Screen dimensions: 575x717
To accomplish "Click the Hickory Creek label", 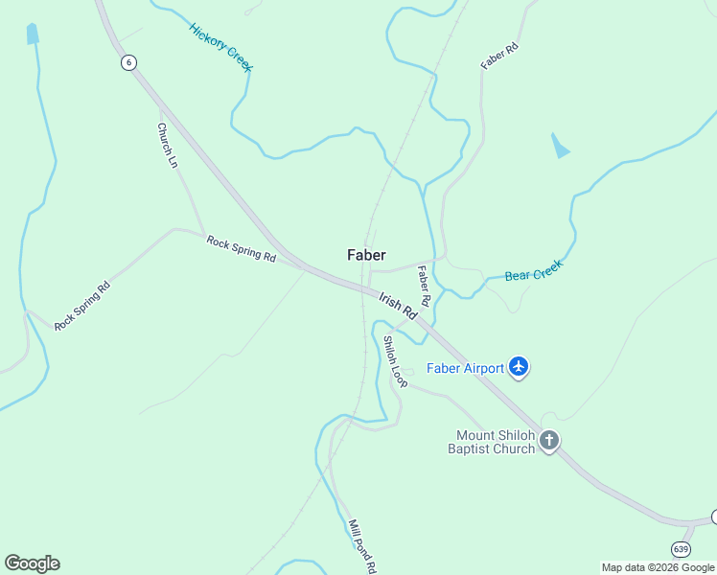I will point(220,46).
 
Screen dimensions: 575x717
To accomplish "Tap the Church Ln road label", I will point(168,145).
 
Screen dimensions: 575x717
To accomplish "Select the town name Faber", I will point(366,255).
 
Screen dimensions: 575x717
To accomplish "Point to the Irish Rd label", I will point(398,307).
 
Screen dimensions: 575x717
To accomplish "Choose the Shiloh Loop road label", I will point(395,361).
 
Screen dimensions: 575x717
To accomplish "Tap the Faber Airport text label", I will point(465,368).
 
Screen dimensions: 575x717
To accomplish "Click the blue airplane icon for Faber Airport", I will point(519,366).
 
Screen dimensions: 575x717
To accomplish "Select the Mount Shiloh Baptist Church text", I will point(496,441).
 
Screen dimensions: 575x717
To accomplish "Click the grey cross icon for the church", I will point(549,441).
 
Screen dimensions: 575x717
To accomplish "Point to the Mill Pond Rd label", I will point(361,546).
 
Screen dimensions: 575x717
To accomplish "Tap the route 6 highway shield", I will point(128,62).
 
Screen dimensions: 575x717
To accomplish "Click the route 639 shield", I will point(681,549).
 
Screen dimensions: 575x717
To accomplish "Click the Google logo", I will point(32,563).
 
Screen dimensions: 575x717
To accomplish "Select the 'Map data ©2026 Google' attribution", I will point(659,567).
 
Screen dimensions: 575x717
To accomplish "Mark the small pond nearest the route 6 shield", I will point(33,34).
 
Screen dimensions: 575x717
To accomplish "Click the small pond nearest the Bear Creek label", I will point(559,146).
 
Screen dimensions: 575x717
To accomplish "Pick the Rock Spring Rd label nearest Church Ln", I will point(241,250).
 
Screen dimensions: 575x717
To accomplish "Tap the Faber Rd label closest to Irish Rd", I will point(424,287).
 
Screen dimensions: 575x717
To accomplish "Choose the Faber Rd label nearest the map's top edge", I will point(499,57).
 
